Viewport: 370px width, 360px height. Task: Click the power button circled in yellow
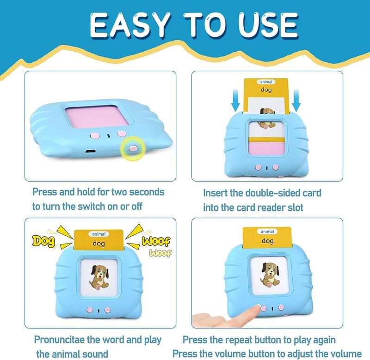132,148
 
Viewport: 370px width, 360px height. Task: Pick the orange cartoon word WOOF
156,241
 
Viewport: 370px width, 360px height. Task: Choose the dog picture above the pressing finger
268,276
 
